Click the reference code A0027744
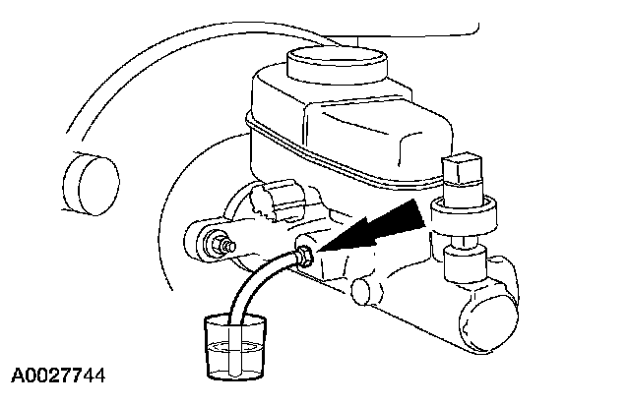tap(59, 376)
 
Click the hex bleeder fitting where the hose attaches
tap(305, 258)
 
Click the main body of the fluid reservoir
tap(345, 128)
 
